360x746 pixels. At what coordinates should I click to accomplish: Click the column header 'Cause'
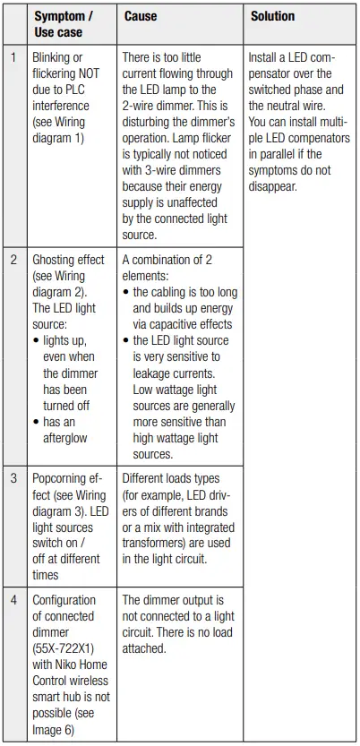(141, 16)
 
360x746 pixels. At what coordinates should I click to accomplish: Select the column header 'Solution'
(272, 16)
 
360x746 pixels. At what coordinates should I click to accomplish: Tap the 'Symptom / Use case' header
(63, 24)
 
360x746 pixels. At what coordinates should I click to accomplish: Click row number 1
(13, 56)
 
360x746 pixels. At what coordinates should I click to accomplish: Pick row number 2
(13, 260)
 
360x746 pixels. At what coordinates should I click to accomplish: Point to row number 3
(13, 478)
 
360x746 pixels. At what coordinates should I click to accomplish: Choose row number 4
(13, 600)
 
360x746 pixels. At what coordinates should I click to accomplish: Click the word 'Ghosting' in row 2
(56, 260)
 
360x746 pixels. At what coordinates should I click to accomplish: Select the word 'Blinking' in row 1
(54, 56)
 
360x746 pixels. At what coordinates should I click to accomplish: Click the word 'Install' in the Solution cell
(267, 56)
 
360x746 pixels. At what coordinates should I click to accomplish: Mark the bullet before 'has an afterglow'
(36, 423)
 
